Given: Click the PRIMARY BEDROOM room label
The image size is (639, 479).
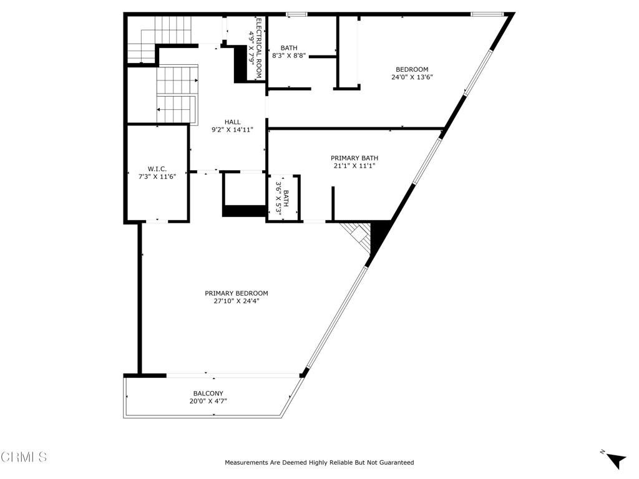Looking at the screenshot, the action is point(237,293).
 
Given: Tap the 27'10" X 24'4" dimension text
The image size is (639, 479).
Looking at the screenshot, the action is point(237,301).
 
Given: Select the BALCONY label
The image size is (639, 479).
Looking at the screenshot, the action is point(208,394).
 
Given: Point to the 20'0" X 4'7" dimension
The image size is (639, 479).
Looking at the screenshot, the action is point(208,401).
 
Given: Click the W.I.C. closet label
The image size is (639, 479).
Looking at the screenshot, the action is point(157,169).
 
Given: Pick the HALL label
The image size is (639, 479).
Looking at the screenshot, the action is point(232,122).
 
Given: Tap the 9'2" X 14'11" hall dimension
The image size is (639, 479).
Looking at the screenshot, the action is point(232,130).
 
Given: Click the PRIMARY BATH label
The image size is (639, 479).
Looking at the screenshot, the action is point(354,158).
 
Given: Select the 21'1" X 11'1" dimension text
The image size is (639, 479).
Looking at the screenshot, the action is point(354,166).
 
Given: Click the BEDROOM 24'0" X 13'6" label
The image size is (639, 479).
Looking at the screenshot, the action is point(412,73).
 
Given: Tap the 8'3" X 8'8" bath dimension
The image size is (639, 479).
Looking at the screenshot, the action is point(289,56).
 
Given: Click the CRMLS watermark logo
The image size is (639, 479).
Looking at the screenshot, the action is point(24,457).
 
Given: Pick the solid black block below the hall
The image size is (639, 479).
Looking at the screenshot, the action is point(244,211).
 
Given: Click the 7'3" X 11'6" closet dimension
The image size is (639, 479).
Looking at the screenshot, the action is point(157,177).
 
